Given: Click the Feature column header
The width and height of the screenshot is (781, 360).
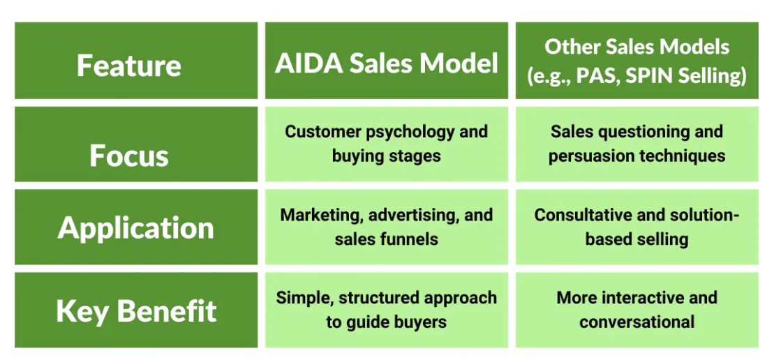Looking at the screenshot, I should tap(128, 65).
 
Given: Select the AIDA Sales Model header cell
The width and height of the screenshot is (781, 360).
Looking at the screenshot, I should tap(386, 63).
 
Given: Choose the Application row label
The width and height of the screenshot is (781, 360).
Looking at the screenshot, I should tap(135, 227).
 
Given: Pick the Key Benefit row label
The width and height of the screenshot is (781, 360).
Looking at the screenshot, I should tap(136, 310).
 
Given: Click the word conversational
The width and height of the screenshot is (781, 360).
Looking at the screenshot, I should tap(637, 322).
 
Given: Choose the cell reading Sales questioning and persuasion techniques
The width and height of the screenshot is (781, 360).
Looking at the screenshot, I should tap(637, 144).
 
